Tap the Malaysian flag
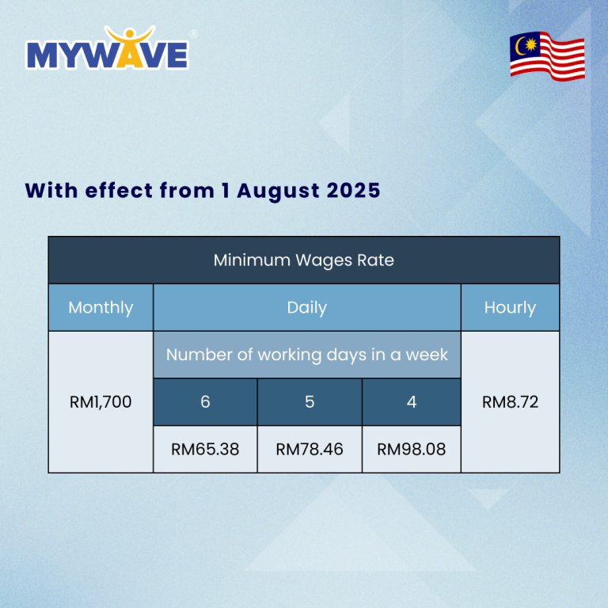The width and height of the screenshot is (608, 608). coord(547,55)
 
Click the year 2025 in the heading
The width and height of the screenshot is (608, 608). coord(354,191)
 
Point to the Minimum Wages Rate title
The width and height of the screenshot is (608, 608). coord(303,260)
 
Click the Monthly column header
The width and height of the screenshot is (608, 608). coord(101,307)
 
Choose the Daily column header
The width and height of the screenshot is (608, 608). coord(307,307)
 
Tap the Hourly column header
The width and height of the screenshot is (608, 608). coord(510,307)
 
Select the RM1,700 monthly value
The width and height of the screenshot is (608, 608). coord(101,402)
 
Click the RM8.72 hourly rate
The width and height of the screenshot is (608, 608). coord(510,402)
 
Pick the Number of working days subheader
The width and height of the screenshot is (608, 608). coord(307,355)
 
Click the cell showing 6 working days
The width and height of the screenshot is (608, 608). coord(205,402)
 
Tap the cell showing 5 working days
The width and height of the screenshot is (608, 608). coord(310,402)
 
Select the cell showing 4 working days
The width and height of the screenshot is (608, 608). coord(412,402)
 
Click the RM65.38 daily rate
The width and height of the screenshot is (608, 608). coord(205,450)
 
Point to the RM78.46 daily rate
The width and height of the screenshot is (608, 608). coord(310,450)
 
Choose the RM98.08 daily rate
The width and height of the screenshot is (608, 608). coord(412,450)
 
